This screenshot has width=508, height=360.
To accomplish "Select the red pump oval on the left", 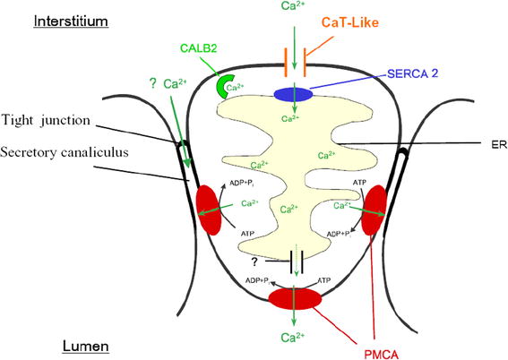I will [204, 209].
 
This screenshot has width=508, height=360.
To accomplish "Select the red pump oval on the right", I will [375, 209].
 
